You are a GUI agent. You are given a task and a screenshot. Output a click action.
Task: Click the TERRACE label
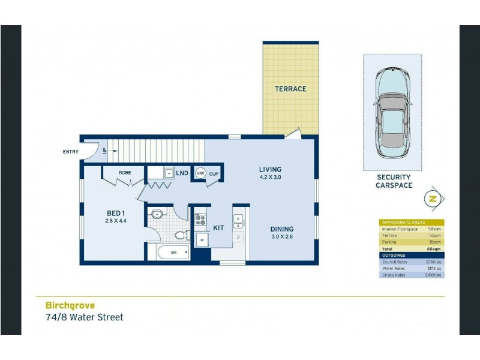(290, 89)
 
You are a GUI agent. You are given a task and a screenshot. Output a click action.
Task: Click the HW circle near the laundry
(200, 173)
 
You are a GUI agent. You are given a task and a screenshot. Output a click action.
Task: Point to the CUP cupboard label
(214, 173)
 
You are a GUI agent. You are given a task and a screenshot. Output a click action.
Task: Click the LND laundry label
(182, 173)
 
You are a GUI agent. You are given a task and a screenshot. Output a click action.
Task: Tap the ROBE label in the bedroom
(125, 173)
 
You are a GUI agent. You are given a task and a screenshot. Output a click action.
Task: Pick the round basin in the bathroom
(157, 213)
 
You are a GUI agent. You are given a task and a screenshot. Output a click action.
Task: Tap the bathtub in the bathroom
(173, 253)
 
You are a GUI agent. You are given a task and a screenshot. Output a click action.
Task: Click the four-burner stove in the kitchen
(200, 220)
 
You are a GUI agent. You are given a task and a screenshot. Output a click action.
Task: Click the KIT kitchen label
(218, 228)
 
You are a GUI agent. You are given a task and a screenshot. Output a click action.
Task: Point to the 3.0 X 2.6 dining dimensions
(281, 237)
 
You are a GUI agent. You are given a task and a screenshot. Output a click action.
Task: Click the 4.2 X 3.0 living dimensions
(270, 178)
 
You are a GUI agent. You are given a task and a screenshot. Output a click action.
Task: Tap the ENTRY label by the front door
(70, 152)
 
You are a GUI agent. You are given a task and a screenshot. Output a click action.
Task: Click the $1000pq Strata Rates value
(433, 275)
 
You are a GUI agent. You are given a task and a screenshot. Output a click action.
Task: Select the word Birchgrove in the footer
(70, 305)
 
